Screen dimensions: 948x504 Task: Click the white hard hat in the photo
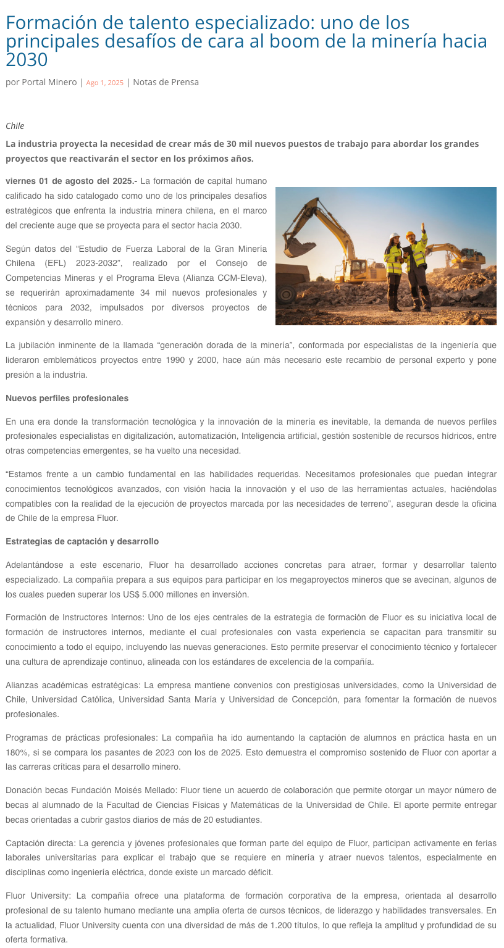pos(395,236)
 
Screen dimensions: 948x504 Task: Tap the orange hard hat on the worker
pos(410,235)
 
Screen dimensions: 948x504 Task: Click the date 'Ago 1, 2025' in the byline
pos(104,83)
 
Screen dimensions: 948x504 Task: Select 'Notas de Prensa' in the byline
pos(166,82)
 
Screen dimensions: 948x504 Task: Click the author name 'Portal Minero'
pos(49,82)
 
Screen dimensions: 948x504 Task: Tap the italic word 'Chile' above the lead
pos(15,126)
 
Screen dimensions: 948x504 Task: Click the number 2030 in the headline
pos(27,60)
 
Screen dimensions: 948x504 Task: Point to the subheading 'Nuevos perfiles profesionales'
pos(67,398)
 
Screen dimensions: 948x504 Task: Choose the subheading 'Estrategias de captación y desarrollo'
pos(82,541)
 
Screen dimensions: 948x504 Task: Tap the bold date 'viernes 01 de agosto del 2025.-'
pos(71,181)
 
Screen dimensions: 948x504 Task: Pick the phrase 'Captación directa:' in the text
pos(40,843)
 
